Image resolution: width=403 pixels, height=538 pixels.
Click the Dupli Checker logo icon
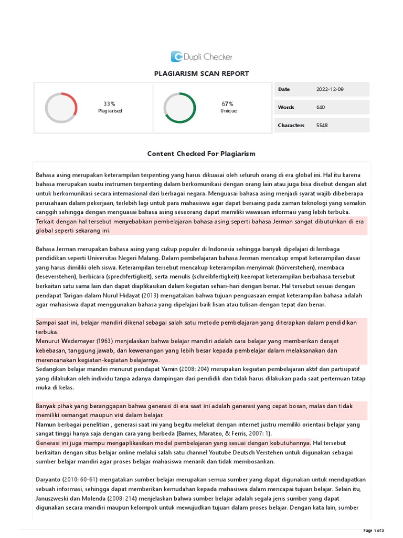pos(177,57)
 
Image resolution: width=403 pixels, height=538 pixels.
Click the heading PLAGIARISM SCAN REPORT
pos(201,74)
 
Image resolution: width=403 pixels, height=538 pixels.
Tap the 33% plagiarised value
pos(110,104)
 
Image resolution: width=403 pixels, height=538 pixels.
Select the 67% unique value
pos(227,104)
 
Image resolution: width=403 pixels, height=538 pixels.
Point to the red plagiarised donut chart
pos(61,108)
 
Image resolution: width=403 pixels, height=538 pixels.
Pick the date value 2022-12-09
pos(330,89)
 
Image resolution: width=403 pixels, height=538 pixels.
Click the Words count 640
pos(321,107)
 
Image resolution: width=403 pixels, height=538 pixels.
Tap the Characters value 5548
pos(322,125)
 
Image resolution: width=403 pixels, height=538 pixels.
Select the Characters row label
pos(291,125)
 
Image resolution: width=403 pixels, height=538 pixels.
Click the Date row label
pos(283,89)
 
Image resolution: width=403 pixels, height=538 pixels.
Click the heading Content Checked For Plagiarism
pos(201,153)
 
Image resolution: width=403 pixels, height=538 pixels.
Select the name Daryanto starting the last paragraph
pos(49,480)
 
